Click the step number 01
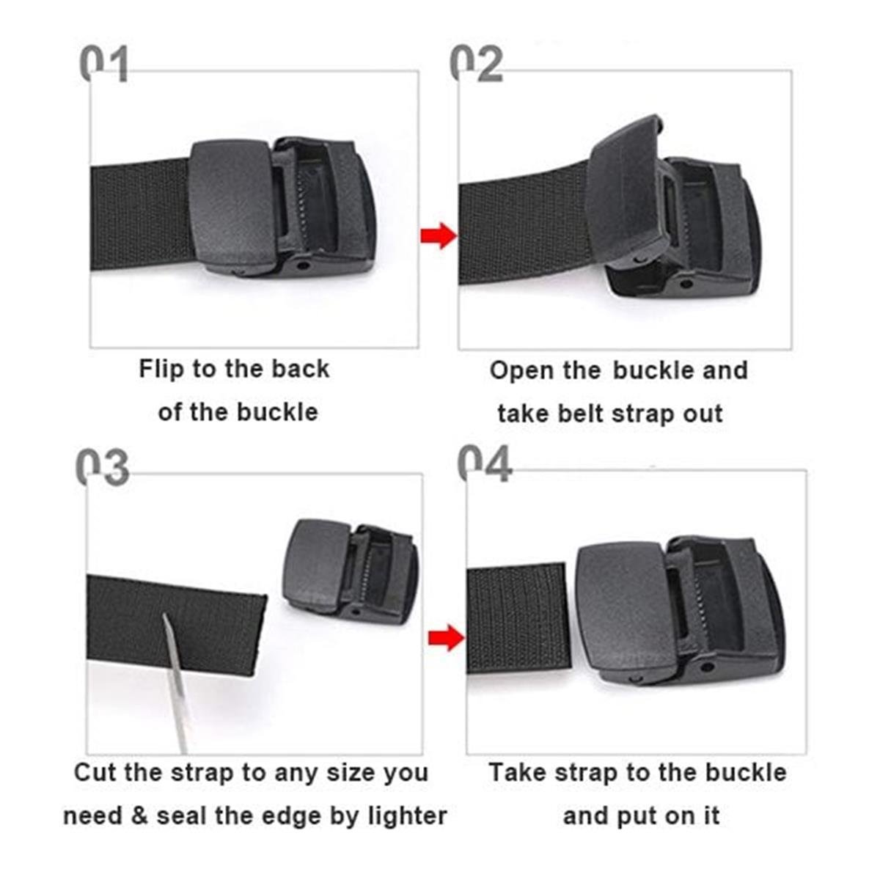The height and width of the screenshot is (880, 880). coord(103,65)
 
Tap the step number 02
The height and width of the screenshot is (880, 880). coord(477,64)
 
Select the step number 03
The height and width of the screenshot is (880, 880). coord(102,467)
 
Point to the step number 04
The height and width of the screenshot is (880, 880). coord(484,463)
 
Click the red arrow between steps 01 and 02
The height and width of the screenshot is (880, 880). coord(439,235)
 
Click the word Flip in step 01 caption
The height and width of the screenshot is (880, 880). coord(161,368)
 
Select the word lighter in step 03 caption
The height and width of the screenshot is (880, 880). coord(408,815)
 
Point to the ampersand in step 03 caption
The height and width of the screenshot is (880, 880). coord(139,815)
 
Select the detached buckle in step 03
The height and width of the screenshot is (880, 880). coord(351,571)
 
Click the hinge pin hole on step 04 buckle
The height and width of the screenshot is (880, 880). coord(706,667)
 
